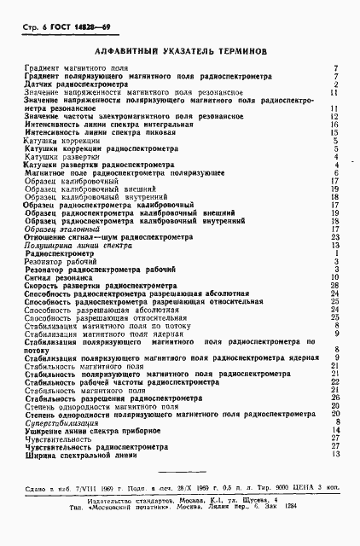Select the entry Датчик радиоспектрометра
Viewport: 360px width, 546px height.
coord(76,84)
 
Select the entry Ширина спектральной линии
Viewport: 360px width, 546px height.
coord(83,454)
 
